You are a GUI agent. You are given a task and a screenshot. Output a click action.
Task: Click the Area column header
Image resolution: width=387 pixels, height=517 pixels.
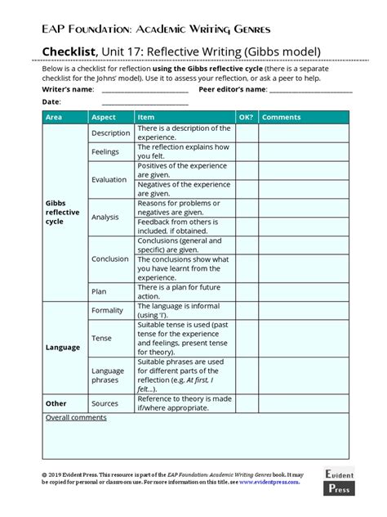pyautogui.click(x=55, y=117)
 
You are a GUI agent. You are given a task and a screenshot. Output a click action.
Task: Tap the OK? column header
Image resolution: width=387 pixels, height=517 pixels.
pyautogui.click(x=247, y=117)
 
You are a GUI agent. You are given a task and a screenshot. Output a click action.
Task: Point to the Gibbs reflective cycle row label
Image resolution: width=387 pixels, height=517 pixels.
pyautogui.click(x=63, y=212)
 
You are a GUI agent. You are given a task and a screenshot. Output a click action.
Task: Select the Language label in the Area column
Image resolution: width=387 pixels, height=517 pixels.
pyautogui.click(x=63, y=347)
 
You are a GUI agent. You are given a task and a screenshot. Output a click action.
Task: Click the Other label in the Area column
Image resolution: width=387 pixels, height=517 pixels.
pyautogui.click(x=56, y=403)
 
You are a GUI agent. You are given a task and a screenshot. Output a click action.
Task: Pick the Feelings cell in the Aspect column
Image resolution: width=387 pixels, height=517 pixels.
pyautogui.click(x=106, y=151)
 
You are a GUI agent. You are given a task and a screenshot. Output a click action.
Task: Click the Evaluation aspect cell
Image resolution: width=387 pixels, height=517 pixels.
pyautogui.click(x=109, y=179)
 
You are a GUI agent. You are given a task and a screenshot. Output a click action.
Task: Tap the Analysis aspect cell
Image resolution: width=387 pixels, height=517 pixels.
pyautogui.click(x=105, y=217)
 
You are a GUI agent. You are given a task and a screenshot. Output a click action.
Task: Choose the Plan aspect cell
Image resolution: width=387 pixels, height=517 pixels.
pyautogui.click(x=99, y=291)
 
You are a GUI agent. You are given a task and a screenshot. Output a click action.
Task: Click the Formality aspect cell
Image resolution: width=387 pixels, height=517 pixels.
pyautogui.click(x=108, y=310)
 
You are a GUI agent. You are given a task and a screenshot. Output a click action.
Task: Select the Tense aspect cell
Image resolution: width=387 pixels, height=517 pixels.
pyautogui.click(x=102, y=338)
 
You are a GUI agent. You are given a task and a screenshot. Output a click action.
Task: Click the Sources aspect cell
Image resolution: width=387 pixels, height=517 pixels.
pyautogui.click(x=105, y=403)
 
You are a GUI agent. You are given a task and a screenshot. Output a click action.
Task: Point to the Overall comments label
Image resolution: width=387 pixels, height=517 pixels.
pyautogui.click(x=76, y=417)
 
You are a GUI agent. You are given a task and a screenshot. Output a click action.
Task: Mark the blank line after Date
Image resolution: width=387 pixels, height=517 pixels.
pyautogui.click(x=145, y=104)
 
